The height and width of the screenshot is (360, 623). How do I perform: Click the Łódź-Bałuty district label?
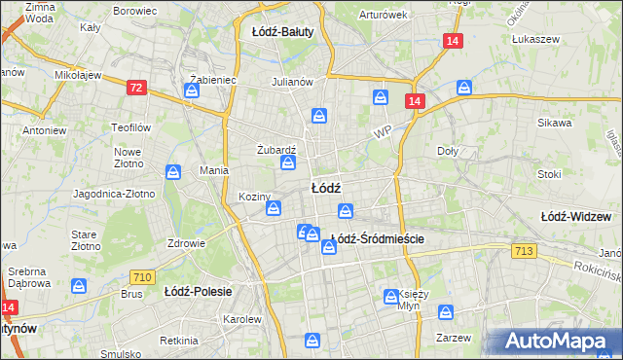coord(282,32)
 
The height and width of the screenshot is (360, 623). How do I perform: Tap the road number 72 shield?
coord(136,88)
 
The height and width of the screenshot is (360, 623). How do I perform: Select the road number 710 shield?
coord(142,277)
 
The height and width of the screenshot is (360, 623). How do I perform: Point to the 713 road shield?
coord(523,252)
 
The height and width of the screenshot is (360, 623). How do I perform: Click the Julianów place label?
coord(291,82)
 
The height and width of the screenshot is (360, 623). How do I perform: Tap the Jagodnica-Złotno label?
coord(113,194)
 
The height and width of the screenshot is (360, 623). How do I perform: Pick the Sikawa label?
coord(555,124)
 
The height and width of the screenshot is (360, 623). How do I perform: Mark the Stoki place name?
coord(549,175)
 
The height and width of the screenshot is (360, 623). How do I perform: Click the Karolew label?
coord(242,319)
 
